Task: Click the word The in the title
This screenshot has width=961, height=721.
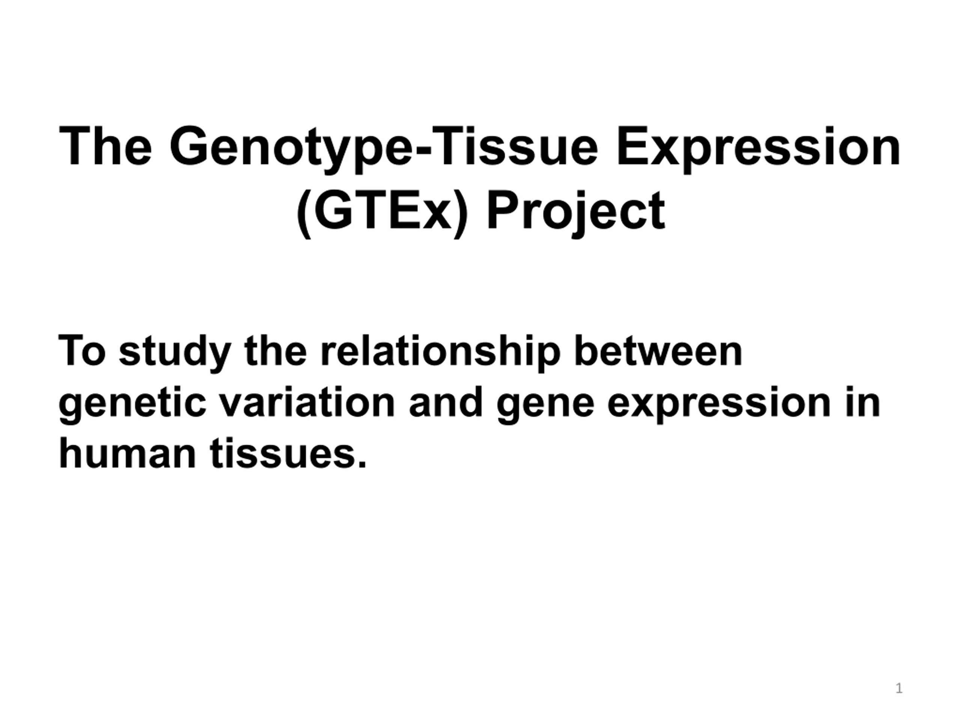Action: click(x=105, y=146)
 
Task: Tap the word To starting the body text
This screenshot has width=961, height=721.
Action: click(x=82, y=351)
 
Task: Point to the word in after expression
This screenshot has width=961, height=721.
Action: click(x=863, y=402)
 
